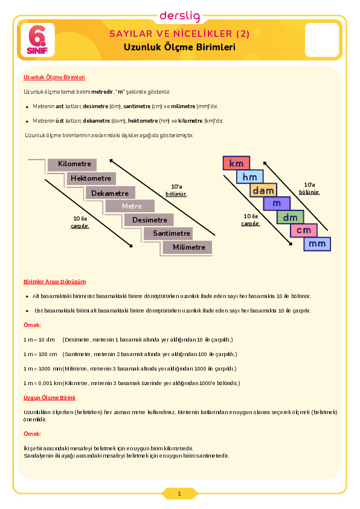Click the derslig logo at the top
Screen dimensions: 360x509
[x=179, y=16]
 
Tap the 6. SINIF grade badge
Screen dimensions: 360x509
[x=37, y=40]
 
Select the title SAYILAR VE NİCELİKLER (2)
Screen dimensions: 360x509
[x=179, y=34]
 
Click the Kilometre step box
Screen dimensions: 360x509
[x=72, y=164]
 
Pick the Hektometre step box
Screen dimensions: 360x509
[x=91, y=178]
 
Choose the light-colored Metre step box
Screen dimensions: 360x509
[x=130, y=206]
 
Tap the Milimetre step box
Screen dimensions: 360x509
[x=187, y=247]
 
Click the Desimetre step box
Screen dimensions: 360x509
[x=149, y=220]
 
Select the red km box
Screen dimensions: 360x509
[x=236, y=163]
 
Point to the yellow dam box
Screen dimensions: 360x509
[x=263, y=190]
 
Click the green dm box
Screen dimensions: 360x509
[x=291, y=217]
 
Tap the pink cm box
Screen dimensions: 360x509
[x=304, y=230]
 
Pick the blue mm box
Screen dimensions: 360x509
[x=317, y=244]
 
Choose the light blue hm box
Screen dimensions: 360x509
[x=249, y=177]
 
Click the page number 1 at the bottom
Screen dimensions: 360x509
[x=179, y=494]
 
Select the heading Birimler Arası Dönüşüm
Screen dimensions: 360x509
[x=55, y=282]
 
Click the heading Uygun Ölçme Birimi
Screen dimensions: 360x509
[x=50, y=398]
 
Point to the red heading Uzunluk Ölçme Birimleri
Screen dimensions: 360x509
[x=54, y=77]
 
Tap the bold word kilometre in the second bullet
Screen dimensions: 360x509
[x=190, y=121]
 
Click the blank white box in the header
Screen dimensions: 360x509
[x=322, y=40]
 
